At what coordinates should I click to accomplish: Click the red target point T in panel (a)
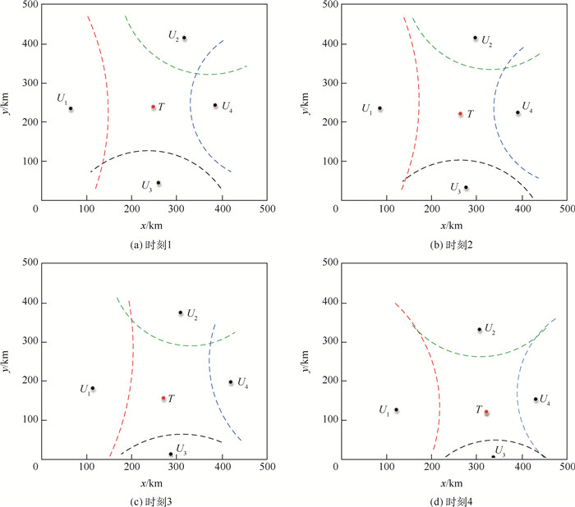tap(154, 107)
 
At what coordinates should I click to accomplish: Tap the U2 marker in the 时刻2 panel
tap(475, 38)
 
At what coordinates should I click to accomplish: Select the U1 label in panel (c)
tap(84, 389)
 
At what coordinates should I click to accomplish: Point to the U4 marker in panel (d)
tap(536, 400)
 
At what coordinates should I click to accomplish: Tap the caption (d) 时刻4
tap(452, 496)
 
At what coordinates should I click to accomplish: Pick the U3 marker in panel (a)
tap(159, 183)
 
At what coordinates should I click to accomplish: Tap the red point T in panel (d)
tap(486, 412)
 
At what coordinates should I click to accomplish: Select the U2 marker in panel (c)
tap(181, 313)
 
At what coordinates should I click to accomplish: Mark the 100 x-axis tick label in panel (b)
tap(382, 208)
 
